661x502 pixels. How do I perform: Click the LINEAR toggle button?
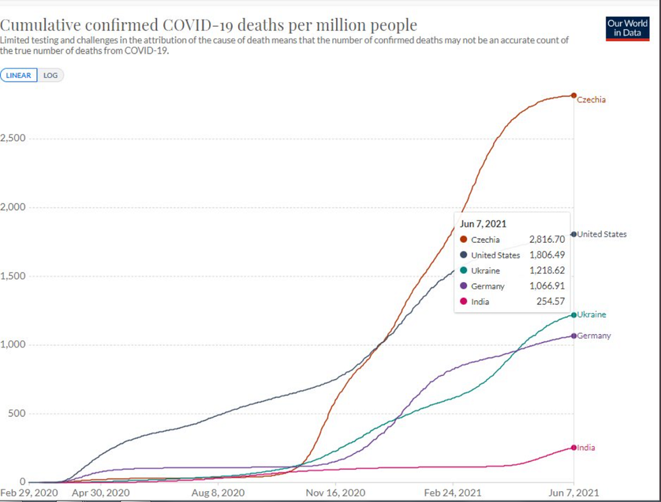[x=19, y=76]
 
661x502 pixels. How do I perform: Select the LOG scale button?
[x=51, y=76]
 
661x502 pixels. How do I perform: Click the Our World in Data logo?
[x=627, y=28]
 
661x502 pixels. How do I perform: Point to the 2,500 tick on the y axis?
[x=13, y=139]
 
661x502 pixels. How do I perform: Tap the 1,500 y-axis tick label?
[x=13, y=276]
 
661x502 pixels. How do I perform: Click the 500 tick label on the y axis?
[x=16, y=414]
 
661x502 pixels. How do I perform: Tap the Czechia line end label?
[x=592, y=100]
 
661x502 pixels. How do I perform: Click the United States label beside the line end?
[x=602, y=235]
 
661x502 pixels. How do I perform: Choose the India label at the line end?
[x=586, y=448]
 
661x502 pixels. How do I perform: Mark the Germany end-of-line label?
[x=594, y=336]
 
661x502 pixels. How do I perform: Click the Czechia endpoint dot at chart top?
[x=573, y=96]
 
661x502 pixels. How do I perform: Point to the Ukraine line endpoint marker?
[x=573, y=315]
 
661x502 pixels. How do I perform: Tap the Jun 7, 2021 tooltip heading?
[x=483, y=224]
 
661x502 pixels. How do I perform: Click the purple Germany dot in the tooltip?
[x=463, y=286]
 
